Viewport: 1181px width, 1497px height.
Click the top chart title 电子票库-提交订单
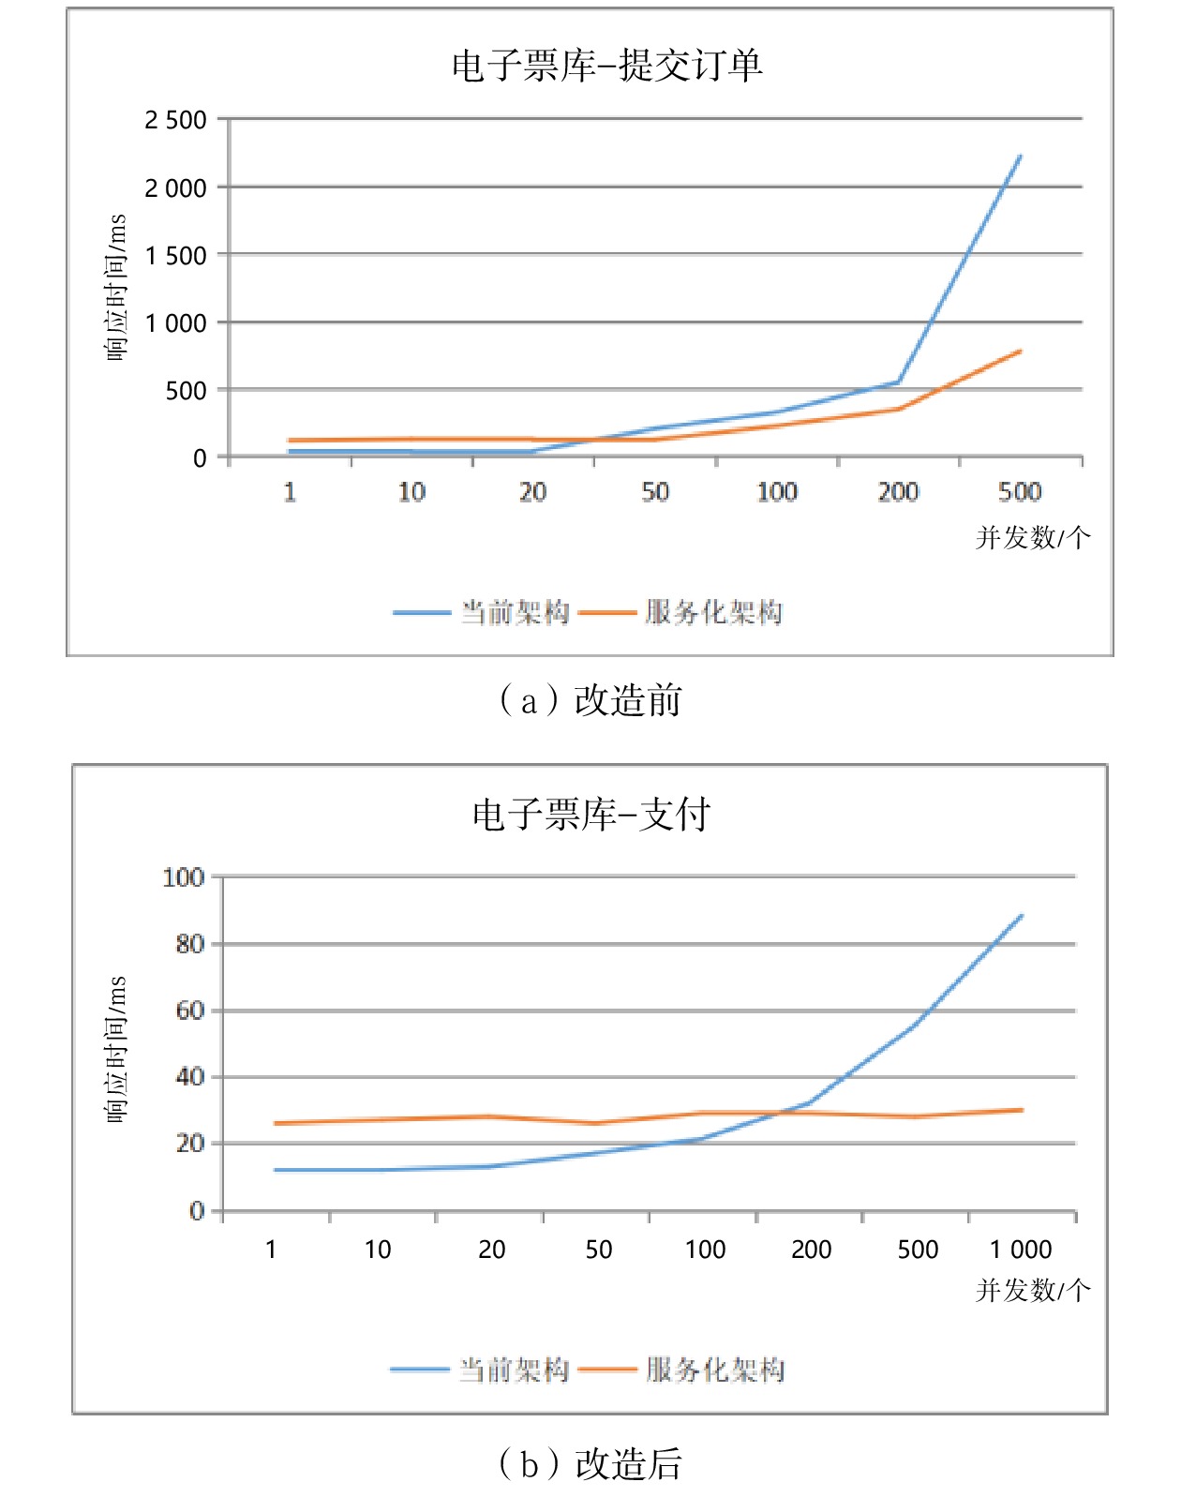[x=606, y=66]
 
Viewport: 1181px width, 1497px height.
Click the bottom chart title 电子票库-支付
[x=590, y=814]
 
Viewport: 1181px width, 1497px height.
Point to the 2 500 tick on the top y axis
[x=175, y=120]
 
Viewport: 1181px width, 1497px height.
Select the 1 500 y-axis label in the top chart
[x=175, y=256]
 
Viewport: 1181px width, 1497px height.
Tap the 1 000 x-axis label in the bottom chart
[x=1021, y=1250]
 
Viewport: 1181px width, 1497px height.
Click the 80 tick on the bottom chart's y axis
[x=190, y=944]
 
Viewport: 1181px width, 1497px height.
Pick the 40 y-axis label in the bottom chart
[x=190, y=1077]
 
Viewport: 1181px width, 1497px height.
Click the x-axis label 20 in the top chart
[x=532, y=492]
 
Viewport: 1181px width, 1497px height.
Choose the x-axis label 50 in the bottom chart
[x=598, y=1250]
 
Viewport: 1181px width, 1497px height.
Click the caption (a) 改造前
[x=590, y=700]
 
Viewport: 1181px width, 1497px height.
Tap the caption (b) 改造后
[x=590, y=1463]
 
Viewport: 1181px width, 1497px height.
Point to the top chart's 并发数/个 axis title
[x=1032, y=538]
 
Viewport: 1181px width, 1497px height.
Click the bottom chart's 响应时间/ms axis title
[x=115, y=1049]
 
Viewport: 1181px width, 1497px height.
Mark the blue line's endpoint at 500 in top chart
[x=1020, y=156]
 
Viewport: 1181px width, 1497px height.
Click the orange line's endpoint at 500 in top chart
[x=1020, y=352]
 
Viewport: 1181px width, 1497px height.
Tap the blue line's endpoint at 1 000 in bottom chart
[x=1022, y=915]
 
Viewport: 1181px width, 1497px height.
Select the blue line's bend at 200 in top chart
[x=899, y=382]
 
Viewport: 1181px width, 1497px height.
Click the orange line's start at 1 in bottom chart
[x=275, y=1123]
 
